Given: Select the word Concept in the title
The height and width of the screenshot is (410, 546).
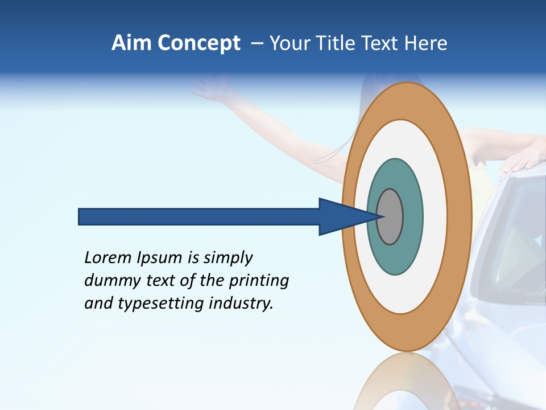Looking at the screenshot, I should (x=198, y=43).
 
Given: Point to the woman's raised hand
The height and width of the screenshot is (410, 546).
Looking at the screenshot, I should (x=206, y=85).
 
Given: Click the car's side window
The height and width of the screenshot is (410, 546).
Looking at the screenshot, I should (x=515, y=239).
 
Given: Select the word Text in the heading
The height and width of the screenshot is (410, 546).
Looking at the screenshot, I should (x=382, y=43).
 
